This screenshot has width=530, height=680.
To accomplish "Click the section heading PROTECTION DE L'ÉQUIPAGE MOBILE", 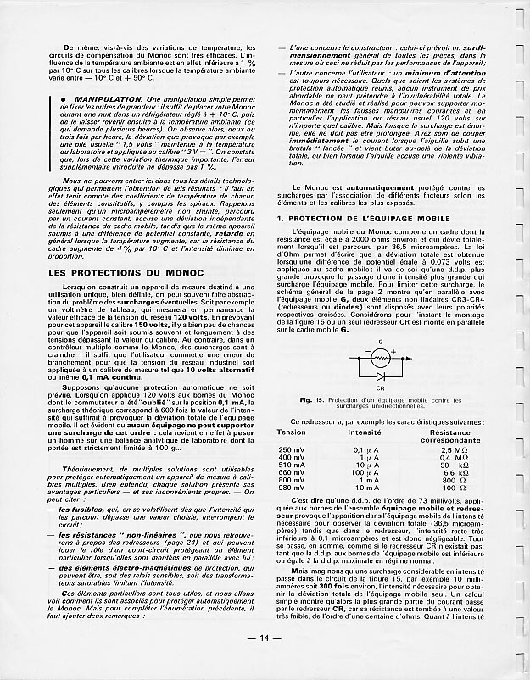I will pos(377,219).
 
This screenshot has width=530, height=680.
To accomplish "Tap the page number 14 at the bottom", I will pos(265,662).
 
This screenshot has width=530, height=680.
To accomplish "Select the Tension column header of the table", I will pos(291,432).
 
